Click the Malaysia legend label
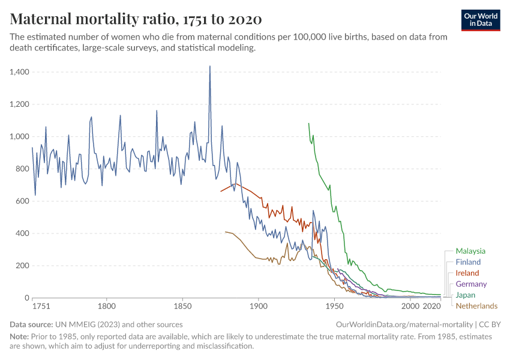click(470, 251)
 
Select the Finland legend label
click(468, 262)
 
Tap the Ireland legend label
click(467, 273)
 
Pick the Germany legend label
click(471, 284)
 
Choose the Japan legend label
click(466, 295)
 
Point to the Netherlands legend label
click(476, 306)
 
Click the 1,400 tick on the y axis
click(20, 72)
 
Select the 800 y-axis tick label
click(22, 169)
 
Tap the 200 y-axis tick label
click(22, 266)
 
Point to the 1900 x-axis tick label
click(259, 307)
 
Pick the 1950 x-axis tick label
click(334, 307)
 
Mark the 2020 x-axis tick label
click(432, 307)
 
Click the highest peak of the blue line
click(209, 66)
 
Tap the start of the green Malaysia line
click(308, 123)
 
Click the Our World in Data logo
click(481, 19)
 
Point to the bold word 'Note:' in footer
click(20, 337)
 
